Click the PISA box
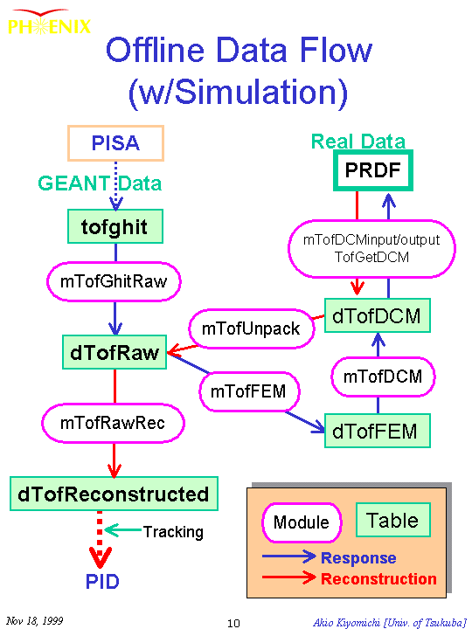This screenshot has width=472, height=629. coord(115,143)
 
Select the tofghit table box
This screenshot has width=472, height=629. coord(115,226)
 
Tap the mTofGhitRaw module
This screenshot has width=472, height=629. coord(114,281)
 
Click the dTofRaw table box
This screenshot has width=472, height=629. coord(115,352)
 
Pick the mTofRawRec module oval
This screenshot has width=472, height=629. coord(113,423)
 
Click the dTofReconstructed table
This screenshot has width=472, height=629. coord(114,494)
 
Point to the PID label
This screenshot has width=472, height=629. coord(102,581)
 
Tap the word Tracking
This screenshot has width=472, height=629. coord(173,532)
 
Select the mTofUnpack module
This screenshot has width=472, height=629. coord(251,329)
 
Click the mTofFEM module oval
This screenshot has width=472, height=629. coord(249,391)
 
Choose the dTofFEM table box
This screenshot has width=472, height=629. coord(378,431)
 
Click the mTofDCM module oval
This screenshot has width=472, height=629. coord(383,377)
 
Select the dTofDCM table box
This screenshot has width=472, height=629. coord(378,315)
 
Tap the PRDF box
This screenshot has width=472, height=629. coord(373,170)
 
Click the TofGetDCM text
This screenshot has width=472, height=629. coord(371,257)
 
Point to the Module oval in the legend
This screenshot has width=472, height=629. coord(302,522)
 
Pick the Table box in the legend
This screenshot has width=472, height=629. coord(393,521)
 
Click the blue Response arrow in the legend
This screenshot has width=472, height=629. coord(289,556)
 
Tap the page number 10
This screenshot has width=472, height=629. coord(233,623)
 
